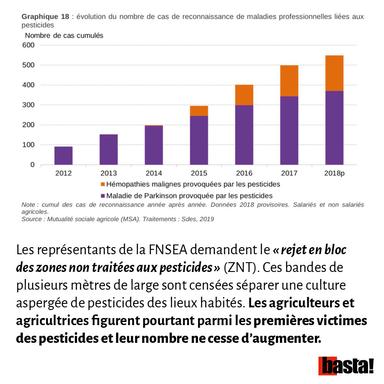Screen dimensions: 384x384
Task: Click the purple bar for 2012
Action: [x=63, y=156]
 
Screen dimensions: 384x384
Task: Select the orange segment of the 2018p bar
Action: [x=334, y=73]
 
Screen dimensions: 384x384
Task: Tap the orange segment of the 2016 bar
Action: [x=244, y=95]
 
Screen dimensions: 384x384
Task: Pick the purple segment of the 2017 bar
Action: [x=289, y=131]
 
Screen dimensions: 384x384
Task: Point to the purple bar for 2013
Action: [x=109, y=150]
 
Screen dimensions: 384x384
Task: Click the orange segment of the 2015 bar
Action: [x=199, y=111]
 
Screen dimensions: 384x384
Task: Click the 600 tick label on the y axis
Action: [x=28, y=45]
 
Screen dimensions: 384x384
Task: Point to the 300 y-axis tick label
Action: [x=28, y=105]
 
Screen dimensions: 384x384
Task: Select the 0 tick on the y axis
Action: [x=32, y=165]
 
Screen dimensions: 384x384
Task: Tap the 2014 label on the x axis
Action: [x=154, y=173]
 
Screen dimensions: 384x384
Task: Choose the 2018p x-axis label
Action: [x=334, y=173]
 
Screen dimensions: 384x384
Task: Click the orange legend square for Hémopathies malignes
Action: [x=103, y=184]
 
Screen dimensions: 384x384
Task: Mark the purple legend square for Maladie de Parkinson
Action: [x=103, y=196]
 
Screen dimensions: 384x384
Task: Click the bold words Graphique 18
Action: [x=45, y=17]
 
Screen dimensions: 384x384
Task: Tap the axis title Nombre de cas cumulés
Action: [x=64, y=36]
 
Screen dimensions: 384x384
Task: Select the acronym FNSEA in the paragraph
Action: [x=168, y=250]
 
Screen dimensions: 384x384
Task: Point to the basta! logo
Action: [x=346, y=366]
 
